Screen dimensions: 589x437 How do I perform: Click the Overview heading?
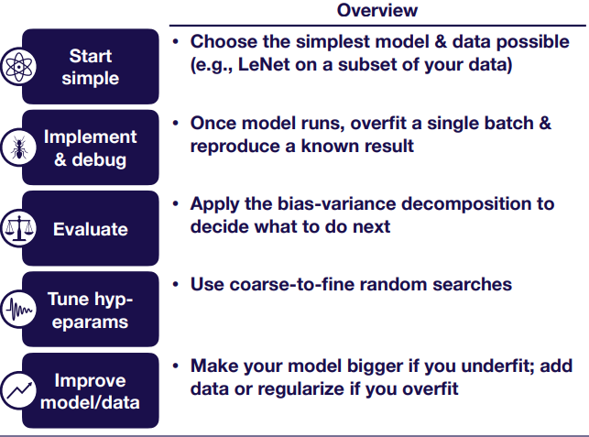click(377, 10)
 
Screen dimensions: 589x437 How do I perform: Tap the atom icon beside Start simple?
click(18, 67)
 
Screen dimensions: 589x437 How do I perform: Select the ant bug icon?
click(18, 147)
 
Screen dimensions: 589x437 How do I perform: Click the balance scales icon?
click(18, 228)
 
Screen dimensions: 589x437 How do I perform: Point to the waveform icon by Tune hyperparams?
click(18, 310)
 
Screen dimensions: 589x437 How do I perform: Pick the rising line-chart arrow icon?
click(18, 390)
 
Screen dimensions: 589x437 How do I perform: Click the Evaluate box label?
click(91, 229)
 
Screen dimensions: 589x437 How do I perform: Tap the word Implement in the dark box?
click(90, 137)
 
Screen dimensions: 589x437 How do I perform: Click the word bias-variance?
click(336, 204)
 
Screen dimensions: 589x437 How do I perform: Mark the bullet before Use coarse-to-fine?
click(176, 284)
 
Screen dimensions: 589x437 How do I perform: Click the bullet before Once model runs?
click(176, 123)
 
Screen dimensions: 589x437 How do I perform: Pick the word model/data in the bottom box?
click(90, 403)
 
